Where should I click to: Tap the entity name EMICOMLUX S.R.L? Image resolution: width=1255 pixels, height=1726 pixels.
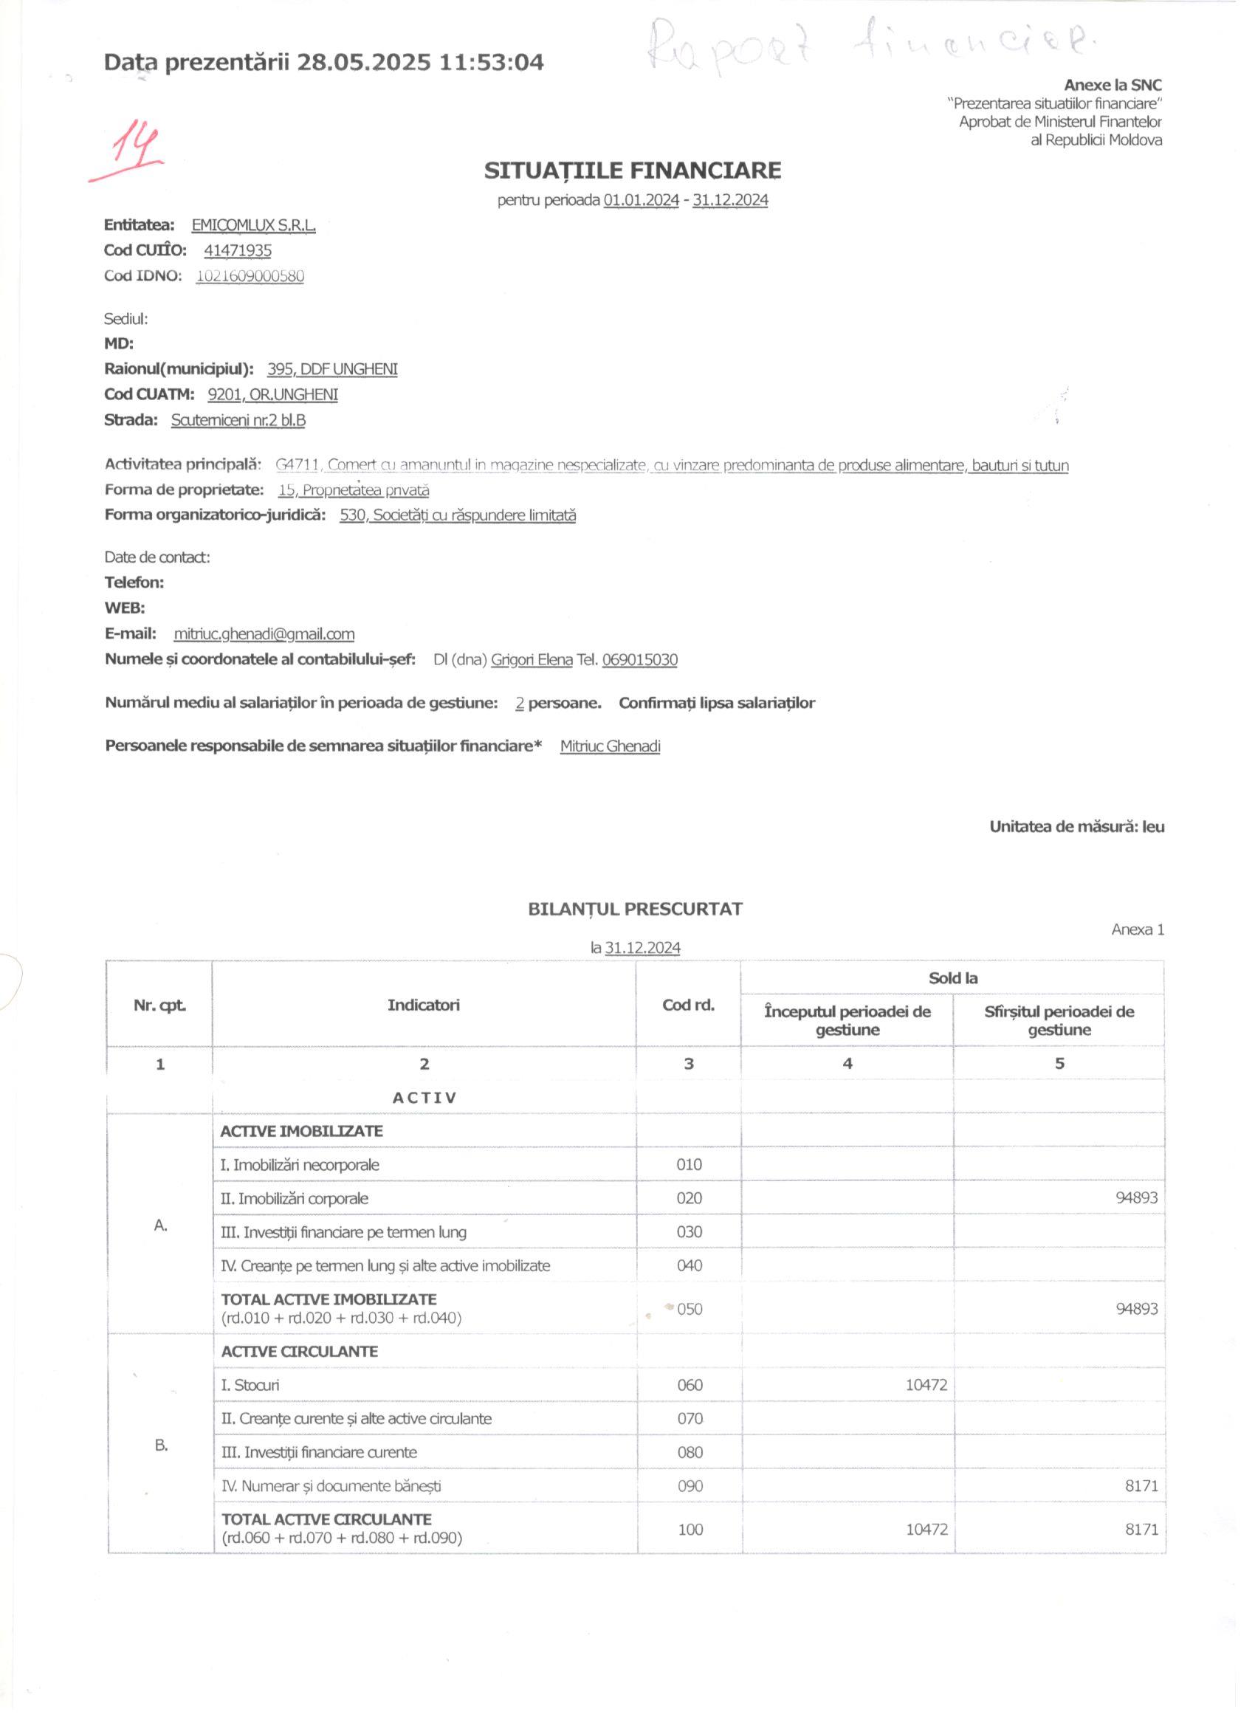(253, 225)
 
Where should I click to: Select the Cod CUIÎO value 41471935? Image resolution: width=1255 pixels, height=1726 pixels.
(238, 250)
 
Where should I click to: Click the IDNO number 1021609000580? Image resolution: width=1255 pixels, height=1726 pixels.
(250, 275)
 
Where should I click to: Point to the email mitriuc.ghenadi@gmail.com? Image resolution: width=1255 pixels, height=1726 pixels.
(264, 634)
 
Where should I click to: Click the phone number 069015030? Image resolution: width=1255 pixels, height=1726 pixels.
(639, 660)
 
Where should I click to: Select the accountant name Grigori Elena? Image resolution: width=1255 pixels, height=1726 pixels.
(532, 660)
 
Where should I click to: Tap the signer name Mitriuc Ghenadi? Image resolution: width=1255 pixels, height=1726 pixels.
(610, 746)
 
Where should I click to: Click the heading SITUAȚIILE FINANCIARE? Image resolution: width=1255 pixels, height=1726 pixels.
(633, 171)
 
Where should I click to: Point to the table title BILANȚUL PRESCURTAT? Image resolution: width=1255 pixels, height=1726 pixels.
(635, 909)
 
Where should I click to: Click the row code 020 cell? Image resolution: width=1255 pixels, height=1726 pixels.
(689, 1199)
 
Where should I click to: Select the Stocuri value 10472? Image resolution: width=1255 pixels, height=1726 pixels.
(926, 1385)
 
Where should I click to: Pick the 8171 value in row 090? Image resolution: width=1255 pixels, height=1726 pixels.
(1141, 1485)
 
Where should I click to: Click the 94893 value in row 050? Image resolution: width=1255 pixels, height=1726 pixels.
(1136, 1309)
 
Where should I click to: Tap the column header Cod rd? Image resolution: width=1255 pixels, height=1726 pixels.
(688, 1005)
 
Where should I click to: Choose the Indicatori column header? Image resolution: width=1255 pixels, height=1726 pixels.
(423, 1005)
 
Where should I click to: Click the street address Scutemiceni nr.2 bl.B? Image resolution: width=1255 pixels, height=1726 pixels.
(238, 420)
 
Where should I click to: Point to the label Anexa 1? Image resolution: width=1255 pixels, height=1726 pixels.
(1137, 929)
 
